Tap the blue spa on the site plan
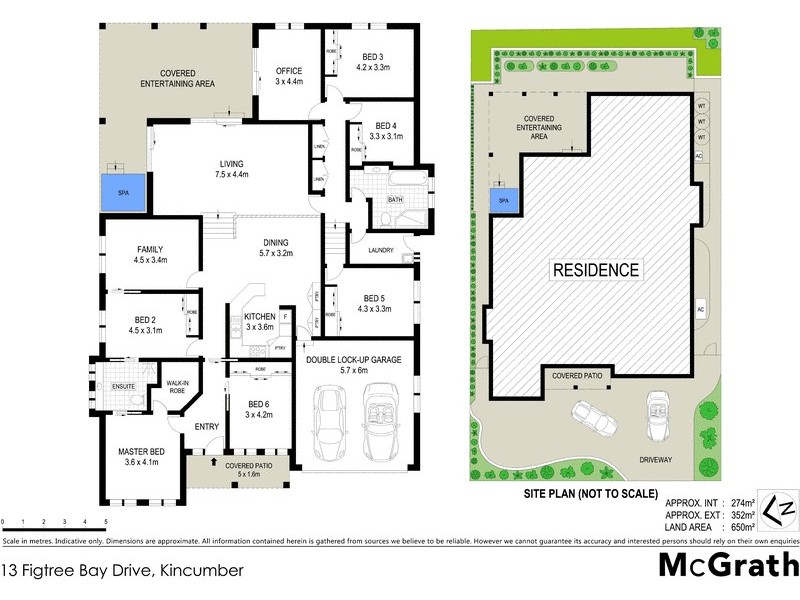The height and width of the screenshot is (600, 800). [504, 200]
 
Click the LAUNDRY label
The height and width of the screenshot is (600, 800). [381, 250]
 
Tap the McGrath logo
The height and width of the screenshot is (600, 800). [726, 565]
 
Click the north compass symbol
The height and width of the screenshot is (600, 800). [778, 506]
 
